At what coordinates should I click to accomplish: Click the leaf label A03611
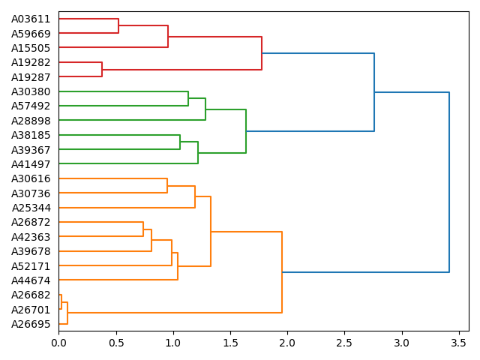click(31, 19)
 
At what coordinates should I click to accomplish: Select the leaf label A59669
click(31, 34)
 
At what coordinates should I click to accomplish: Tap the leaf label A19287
click(31, 77)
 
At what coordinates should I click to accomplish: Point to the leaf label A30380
click(31, 91)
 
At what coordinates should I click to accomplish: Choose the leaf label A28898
click(31, 121)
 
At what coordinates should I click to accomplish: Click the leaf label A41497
click(31, 164)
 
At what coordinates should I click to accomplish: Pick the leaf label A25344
click(31, 208)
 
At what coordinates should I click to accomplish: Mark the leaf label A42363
click(31, 237)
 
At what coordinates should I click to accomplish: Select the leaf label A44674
click(31, 280)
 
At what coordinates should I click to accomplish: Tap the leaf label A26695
click(31, 324)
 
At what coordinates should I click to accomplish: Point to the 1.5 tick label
click(230, 343)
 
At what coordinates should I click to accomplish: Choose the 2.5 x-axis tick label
click(344, 343)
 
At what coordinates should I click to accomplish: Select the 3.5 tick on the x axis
click(459, 343)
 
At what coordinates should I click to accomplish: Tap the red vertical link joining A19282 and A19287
click(102, 70)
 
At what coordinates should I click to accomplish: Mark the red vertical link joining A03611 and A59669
click(118, 26)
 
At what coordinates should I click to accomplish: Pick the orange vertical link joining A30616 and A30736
click(167, 186)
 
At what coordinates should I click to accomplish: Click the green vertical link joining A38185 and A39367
click(180, 142)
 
